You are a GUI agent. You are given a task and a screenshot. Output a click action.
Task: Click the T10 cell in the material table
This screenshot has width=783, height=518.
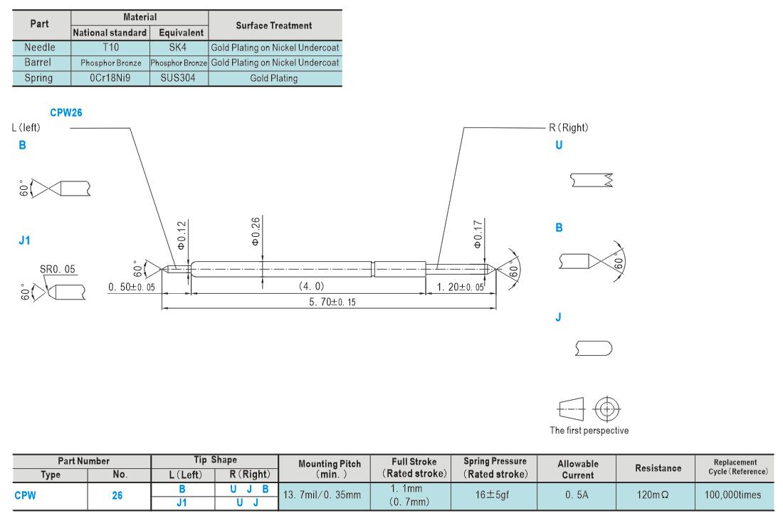coord(110,48)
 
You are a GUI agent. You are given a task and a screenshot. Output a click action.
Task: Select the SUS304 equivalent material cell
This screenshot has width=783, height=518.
coord(178,78)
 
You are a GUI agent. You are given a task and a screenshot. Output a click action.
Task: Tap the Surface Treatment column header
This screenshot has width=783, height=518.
coord(273,26)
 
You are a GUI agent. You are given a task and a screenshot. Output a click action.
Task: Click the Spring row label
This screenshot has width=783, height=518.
coord(38,78)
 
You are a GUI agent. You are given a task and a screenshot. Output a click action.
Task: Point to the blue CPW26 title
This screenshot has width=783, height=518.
coord(66,113)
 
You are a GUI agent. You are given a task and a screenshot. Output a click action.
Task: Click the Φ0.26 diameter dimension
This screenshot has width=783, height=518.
coord(255,231)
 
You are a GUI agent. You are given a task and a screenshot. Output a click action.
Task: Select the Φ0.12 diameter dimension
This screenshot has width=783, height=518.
coord(182,235)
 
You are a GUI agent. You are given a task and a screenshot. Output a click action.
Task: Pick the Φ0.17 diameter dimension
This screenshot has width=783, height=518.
coord(478,234)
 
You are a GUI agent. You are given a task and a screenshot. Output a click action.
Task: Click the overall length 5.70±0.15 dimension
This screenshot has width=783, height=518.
coord(332,302)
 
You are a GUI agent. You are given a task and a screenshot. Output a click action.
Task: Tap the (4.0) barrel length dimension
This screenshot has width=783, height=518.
coord(312,286)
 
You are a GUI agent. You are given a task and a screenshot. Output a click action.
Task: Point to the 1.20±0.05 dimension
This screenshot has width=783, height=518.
coord(460,287)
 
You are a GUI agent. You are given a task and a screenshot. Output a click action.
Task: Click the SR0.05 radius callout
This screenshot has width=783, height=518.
coord(58,270)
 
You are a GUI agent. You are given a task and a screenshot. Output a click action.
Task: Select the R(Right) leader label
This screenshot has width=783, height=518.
coord(568,128)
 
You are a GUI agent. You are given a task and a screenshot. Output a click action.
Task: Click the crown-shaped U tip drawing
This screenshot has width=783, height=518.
coord(592,180)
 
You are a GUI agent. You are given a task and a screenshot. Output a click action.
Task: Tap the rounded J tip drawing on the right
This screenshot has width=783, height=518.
coord(594,349)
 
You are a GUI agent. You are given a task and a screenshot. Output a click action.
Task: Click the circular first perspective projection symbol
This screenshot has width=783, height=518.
coord(606,410)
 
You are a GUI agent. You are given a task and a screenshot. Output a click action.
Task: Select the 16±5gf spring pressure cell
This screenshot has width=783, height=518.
coord(493,495)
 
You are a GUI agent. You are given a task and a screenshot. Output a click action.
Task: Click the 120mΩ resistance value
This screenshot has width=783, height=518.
coord(653,495)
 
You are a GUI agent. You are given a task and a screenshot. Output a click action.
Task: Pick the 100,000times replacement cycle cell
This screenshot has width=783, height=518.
coord(732,495)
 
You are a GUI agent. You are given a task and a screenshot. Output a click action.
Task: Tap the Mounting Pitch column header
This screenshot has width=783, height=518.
coord(330,469)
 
